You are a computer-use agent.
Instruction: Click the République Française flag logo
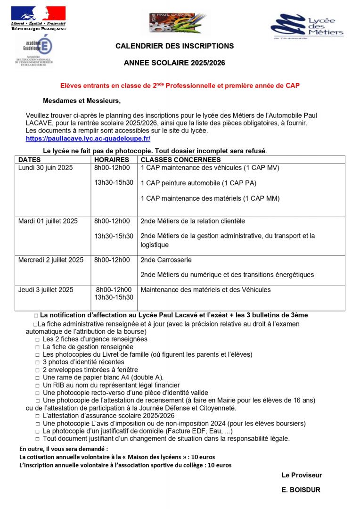39,18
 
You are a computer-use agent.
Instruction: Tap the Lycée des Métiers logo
307,27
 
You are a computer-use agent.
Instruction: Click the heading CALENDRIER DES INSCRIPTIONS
174,46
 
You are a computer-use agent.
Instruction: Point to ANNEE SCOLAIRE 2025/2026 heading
174,63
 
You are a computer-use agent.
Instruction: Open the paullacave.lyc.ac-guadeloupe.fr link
88,139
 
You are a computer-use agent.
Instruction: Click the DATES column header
29,160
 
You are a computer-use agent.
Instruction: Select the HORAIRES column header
112,160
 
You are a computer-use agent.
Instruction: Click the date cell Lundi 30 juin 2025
45,167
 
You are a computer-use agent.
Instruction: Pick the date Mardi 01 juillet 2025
48,221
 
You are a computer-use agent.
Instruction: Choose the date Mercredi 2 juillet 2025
51,260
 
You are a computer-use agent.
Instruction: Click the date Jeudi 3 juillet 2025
46,290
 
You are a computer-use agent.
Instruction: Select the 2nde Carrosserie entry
166,260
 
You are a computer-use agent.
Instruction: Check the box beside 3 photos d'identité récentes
37,362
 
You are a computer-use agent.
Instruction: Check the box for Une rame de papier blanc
37,378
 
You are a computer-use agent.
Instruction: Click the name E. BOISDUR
301,490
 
